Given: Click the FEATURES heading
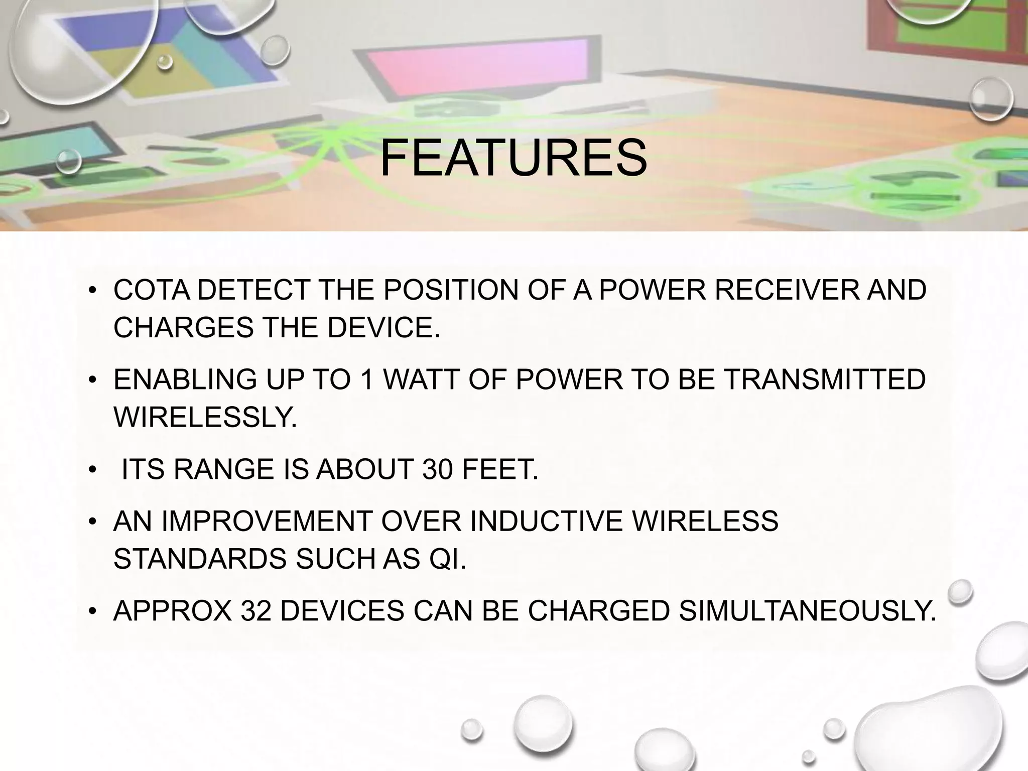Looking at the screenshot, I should click(513, 158).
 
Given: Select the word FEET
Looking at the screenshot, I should click(499, 470).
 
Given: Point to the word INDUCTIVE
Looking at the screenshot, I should click(548, 521).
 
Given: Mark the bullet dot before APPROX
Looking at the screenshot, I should click(92, 611).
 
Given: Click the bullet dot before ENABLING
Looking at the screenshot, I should click(92, 380).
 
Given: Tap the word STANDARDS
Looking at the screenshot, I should click(201, 559).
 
